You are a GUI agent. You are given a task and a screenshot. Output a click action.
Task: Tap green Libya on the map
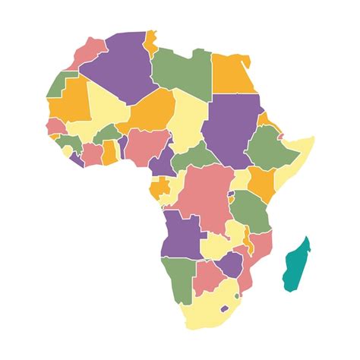(182, 72)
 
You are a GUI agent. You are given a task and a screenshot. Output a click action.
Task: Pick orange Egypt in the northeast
(233, 74)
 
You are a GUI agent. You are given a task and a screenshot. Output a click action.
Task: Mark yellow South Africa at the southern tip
(205, 311)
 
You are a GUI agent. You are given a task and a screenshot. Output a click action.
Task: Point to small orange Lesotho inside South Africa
(224, 308)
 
